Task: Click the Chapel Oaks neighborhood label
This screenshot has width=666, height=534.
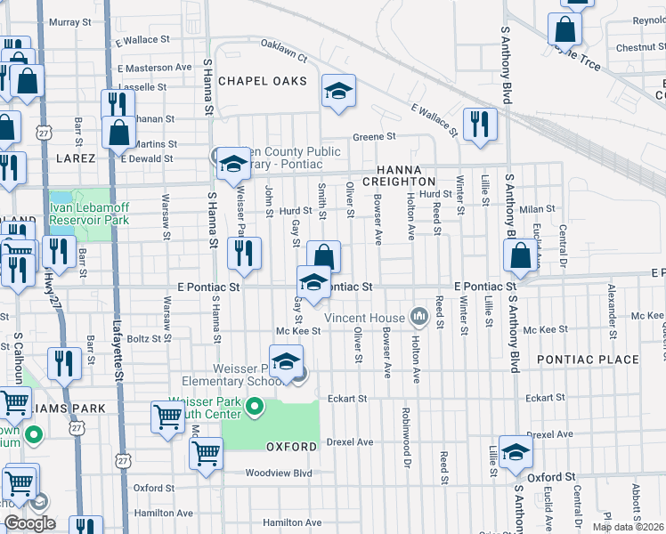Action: tap(262, 81)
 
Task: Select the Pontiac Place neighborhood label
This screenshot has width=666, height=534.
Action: tap(588, 360)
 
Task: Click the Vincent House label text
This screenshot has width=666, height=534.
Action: tap(364, 318)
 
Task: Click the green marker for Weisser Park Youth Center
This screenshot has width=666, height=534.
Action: tap(255, 409)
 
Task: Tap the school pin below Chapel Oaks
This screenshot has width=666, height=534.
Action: tap(337, 93)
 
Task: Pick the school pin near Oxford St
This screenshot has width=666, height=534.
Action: tap(516, 452)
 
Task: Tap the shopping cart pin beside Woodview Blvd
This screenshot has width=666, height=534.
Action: tap(207, 452)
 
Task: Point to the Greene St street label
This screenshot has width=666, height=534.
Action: tap(373, 137)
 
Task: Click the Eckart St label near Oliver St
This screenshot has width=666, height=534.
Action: tap(347, 398)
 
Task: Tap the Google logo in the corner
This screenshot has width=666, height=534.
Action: tap(29, 523)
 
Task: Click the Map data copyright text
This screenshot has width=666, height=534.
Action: tap(627, 527)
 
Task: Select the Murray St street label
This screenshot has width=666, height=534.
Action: tap(70, 21)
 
